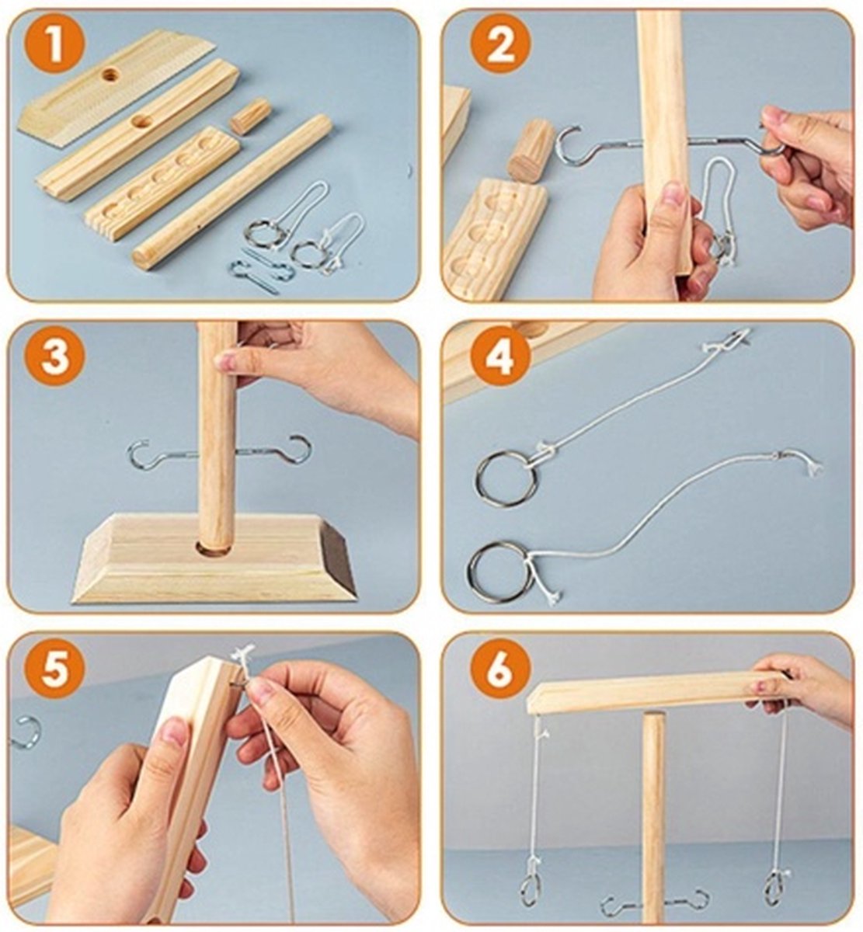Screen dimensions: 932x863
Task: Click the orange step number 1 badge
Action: [54, 45]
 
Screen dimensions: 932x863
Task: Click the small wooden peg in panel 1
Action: [251, 116]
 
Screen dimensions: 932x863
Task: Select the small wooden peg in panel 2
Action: [531, 150]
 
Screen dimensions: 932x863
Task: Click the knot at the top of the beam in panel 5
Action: [242, 653]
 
